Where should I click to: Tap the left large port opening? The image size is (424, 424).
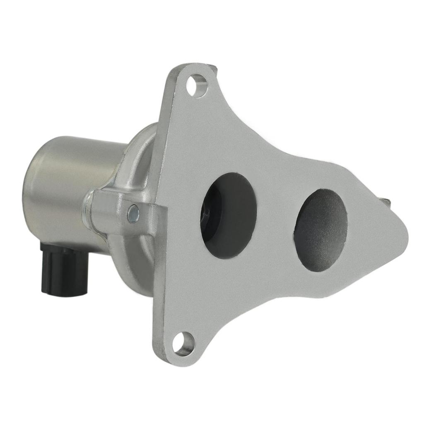229,215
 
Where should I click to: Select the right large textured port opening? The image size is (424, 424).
320,231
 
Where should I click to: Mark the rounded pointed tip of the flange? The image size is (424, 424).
404,240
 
